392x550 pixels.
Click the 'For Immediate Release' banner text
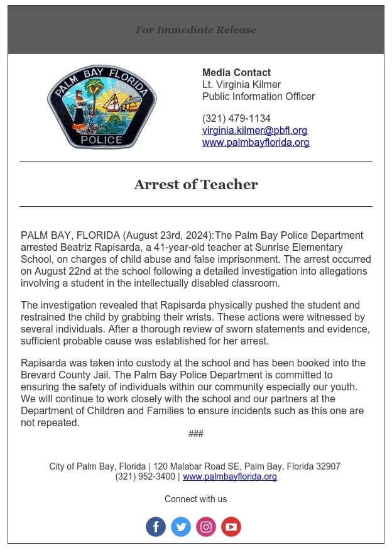coord(196,30)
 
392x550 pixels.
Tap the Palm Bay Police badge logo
coord(102,107)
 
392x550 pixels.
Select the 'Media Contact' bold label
coord(236,72)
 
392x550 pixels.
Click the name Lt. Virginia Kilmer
coord(241,84)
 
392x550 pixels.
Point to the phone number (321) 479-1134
coord(236,118)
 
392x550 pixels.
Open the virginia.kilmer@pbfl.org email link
coord(254,130)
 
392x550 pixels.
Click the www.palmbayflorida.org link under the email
coord(256,142)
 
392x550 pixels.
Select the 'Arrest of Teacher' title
coord(196,184)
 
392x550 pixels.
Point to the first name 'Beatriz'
coord(79,247)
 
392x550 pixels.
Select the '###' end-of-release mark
coord(196,434)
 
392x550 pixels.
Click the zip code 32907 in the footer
coord(326,466)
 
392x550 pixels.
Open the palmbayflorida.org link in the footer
coord(230,476)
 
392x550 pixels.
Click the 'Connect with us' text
coord(196,499)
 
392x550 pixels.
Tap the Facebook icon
coord(156,527)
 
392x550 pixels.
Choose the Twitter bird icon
coord(181,527)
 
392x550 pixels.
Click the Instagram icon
coord(206,527)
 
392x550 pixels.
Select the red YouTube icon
coord(231,527)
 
